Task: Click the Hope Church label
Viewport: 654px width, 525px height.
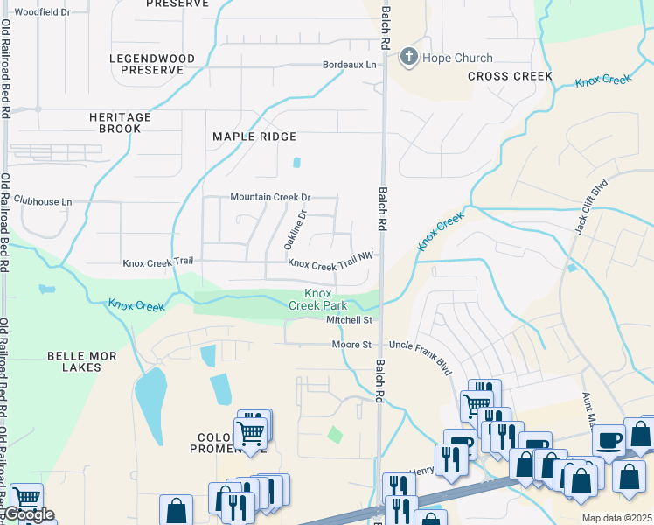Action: point(452,59)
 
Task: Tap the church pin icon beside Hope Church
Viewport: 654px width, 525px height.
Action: point(408,59)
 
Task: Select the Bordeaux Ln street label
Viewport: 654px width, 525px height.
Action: point(349,66)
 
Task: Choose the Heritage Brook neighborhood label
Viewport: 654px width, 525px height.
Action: point(120,122)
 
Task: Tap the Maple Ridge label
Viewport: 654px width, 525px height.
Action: point(254,136)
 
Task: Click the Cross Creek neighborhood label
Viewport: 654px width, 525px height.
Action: point(510,76)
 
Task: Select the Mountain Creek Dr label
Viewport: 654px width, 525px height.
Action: point(270,198)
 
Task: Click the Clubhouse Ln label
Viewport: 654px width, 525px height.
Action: point(43,201)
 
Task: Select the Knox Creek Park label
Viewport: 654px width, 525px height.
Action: point(318,299)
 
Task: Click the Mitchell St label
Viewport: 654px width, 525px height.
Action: point(350,320)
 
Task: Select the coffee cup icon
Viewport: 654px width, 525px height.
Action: point(609,440)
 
